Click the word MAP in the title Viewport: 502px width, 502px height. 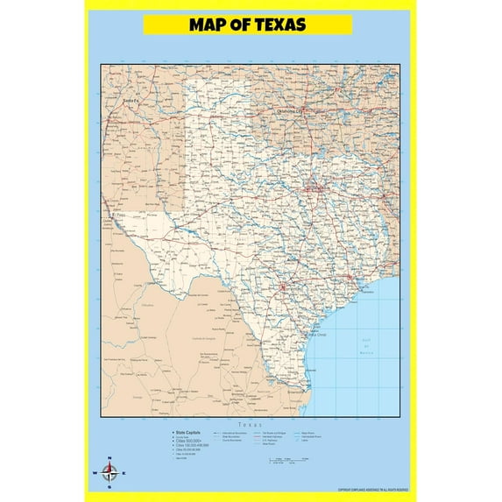click(209, 25)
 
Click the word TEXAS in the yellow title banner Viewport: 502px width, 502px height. click(275, 25)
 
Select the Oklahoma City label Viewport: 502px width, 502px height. click(289, 111)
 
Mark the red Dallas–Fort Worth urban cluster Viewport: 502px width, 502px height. click(312, 187)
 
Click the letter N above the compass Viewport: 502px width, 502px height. click(110, 459)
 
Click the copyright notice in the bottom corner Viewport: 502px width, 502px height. click(372, 490)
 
